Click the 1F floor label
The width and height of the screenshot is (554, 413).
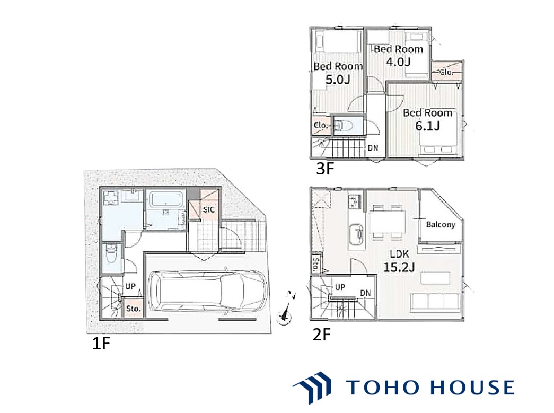click(101, 342)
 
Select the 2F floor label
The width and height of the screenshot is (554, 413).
click(321, 334)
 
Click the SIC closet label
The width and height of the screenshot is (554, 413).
click(209, 209)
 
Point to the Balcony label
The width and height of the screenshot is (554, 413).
click(441, 225)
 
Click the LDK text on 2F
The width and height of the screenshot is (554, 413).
click(399, 253)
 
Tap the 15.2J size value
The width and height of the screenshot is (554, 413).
click(399, 267)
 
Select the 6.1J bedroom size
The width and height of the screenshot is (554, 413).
click(427, 126)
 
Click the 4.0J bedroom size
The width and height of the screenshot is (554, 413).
click(398, 62)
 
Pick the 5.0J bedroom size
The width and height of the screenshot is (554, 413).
click(338, 80)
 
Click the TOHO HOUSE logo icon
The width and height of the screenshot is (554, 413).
click(313, 388)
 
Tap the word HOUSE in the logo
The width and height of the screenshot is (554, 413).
click(473, 387)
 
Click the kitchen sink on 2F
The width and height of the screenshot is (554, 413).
click(356, 233)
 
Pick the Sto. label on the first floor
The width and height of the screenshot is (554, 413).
click(133, 309)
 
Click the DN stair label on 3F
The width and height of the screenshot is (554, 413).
click(373, 148)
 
